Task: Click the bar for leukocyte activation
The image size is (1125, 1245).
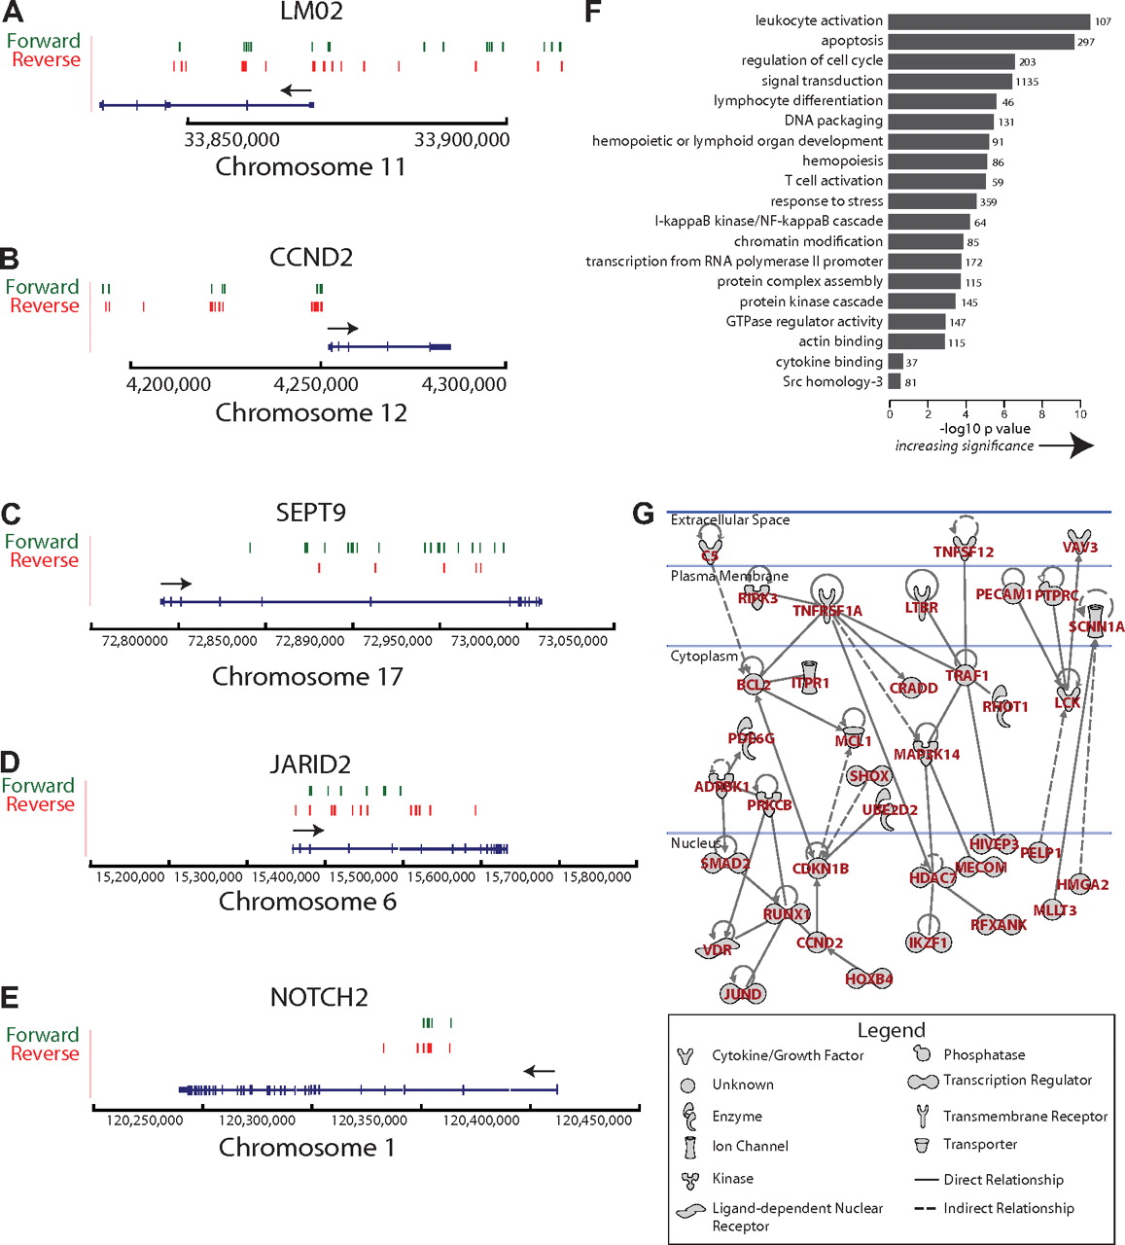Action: click(x=988, y=21)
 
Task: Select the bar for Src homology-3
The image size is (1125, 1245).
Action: click(x=895, y=382)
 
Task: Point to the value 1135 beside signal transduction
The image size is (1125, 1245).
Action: click(x=1027, y=82)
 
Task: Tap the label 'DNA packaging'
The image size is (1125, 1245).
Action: click(x=833, y=121)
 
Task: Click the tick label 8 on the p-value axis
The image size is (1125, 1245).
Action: click(x=1042, y=414)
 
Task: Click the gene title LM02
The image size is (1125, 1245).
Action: click(x=311, y=12)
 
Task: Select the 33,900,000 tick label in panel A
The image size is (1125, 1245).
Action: click(x=462, y=140)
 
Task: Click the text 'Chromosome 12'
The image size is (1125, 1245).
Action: click(x=311, y=413)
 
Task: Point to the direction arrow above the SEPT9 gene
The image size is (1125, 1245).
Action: click(x=176, y=584)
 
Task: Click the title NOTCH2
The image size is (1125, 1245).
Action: click(x=319, y=998)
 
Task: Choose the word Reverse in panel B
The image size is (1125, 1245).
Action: click(x=45, y=305)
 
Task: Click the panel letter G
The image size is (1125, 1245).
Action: click(x=643, y=514)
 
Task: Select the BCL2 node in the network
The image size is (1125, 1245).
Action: click(x=754, y=685)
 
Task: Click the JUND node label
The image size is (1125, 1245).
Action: click(x=743, y=994)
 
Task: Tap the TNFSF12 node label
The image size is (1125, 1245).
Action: click(x=963, y=552)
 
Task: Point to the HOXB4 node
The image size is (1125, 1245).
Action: click(x=868, y=979)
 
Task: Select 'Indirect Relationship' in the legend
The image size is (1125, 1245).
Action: click(x=1008, y=1209)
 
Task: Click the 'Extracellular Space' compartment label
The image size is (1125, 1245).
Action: click(x=729, y=520)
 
